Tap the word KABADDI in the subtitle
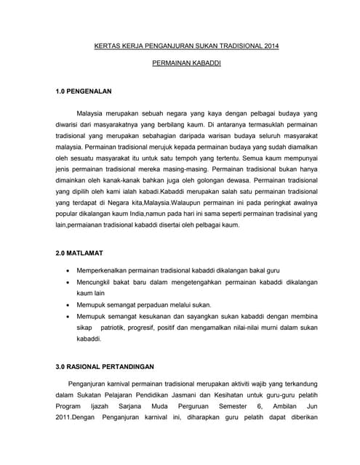click(x=205, y=65)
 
